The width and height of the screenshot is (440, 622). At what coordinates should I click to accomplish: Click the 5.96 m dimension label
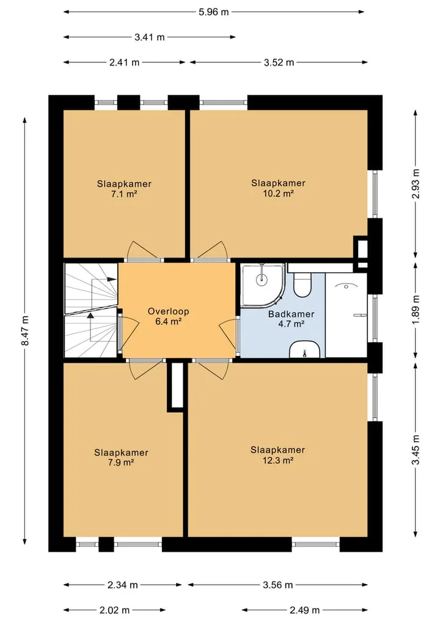(214, 12)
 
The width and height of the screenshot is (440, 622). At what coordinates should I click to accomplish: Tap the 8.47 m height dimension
(25, 330)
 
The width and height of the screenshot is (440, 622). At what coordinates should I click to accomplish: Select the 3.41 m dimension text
(150, 37)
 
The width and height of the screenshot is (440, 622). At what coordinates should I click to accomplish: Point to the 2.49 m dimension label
(304, 610)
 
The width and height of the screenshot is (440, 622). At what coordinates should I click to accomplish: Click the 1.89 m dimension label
(416, 310)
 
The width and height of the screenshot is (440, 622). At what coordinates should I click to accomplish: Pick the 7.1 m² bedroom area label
(124, 189)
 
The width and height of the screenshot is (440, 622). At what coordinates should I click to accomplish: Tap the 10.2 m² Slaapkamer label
(278, 188)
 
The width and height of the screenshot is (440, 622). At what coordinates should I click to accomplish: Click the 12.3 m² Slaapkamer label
(277, 455)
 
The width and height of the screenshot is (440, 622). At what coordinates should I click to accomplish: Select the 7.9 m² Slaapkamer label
(121, 457)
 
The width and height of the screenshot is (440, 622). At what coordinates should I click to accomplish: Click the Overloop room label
(169, 316)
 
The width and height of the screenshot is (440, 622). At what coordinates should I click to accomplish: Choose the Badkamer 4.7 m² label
(291, 319)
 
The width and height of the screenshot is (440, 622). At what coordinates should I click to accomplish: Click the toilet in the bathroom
(302, 284)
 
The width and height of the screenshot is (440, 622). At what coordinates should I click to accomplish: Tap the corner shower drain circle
(261, 280)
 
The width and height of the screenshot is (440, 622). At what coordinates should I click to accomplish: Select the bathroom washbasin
(304, 349)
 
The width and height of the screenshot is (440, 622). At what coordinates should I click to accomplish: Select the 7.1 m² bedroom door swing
(144, 250)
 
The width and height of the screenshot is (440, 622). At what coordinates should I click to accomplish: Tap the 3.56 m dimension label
(277, 585)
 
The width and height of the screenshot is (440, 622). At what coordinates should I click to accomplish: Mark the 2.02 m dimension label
(114, 610)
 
